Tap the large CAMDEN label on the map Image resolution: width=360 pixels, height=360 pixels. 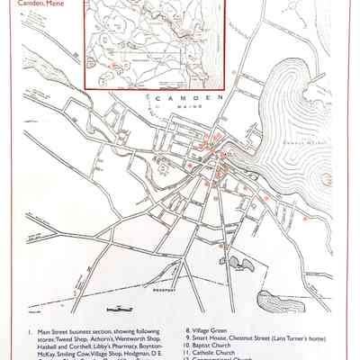point(186,96)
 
